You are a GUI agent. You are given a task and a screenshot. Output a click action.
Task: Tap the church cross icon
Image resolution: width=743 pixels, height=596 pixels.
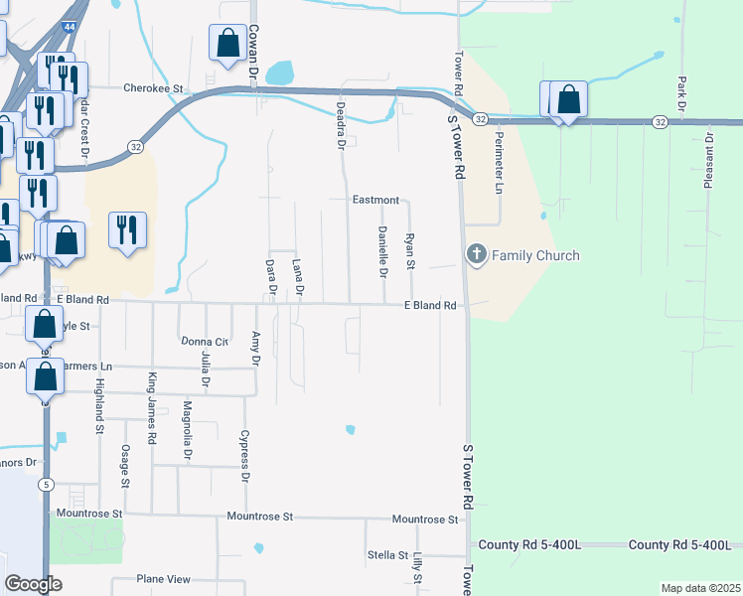click(476, 255)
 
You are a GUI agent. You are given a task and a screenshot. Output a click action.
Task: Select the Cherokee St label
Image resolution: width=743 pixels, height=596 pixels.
click(154, 87)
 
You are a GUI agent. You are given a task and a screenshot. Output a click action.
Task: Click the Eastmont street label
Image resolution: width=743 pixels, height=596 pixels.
click(375, 200)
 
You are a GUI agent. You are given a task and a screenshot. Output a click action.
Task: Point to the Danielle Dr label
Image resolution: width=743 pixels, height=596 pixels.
click(382, 251)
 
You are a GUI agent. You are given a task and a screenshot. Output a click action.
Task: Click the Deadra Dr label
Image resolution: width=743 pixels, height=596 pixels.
click(340, 125)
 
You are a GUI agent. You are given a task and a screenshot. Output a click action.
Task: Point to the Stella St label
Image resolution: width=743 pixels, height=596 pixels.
click(387, 554)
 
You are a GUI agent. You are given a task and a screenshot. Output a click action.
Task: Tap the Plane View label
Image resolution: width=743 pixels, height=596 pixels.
click(163, 579)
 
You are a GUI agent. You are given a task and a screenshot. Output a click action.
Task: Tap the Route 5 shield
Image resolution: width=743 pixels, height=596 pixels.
click(46, 484)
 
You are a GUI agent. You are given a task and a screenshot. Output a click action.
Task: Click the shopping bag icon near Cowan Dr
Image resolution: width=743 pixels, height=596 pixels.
click(228, 44)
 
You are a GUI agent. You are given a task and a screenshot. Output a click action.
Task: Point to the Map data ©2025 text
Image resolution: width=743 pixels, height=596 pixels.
click(699, 588)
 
